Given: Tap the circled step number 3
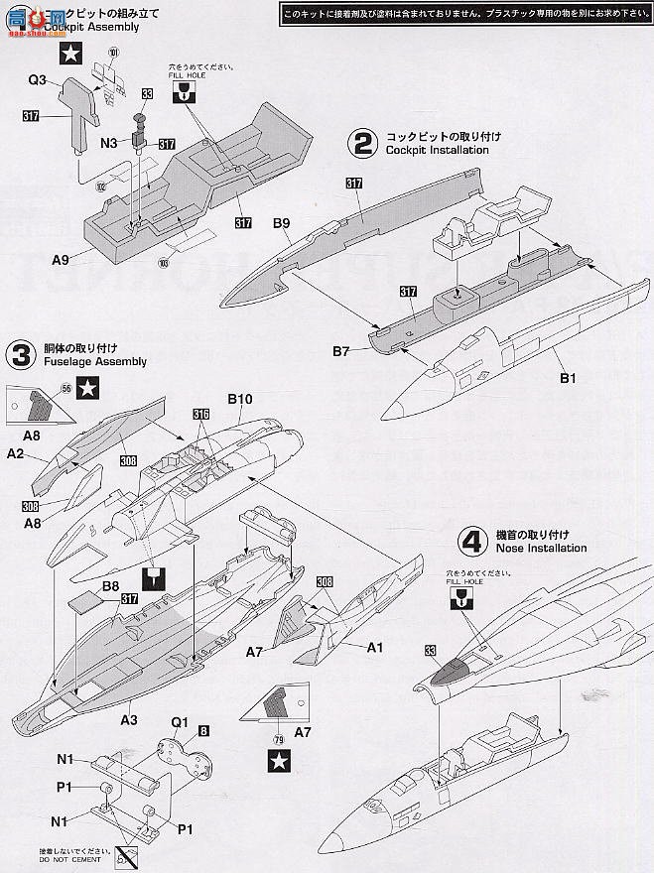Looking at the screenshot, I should tap(20, 354).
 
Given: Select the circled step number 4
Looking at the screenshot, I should tap(470, 541).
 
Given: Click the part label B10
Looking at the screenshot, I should tap(241, 399).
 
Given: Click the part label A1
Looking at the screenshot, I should tap(375, 647).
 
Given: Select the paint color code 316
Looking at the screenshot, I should tap(201, 414).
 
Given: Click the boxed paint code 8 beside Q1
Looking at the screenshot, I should tap(203, 731).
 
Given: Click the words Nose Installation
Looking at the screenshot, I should tap(538, 548).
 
